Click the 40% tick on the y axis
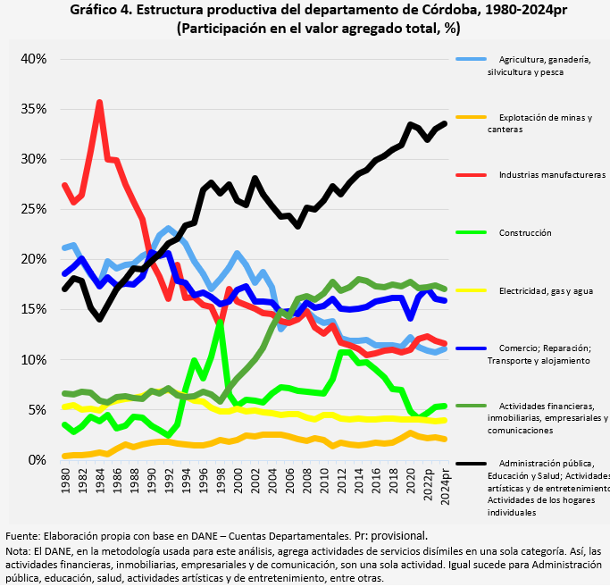coord(35,59)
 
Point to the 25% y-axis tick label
coord(35,209)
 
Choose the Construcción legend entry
coord(525,233)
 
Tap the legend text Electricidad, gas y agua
coord(546,290)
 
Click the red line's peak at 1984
coord(99,102)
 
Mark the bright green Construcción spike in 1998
coord(221,322)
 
